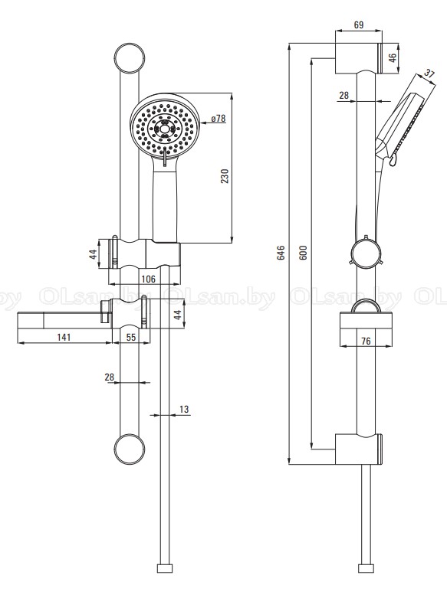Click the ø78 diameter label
click(x=219, y=118)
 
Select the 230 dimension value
click(x=225, y=176)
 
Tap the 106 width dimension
click(x=148, y=279)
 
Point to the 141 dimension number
click(x=64, y=337)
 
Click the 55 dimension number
click(x=131, y=337)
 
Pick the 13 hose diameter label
click(x=184, y=409)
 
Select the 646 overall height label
click(x=281, y=253)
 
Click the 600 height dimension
click(x=304, y=253)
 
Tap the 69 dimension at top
click(x=358, y=25)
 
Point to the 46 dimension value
click(x=393, y=58)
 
